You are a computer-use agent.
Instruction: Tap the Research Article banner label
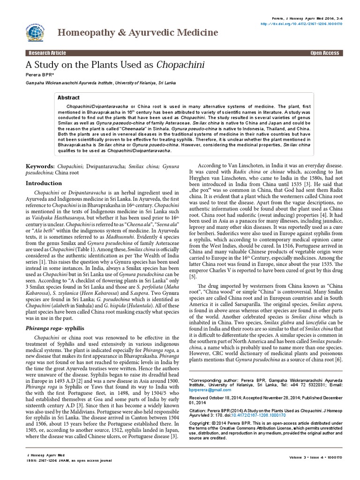pyautogui.click(x=48, y=53)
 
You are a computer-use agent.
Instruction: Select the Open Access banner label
pyautogui.click(x=324, y=53)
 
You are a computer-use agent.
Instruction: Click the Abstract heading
pyautogui.click(x=68, y=97)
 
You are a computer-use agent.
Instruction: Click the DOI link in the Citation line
pyautogui.click(x=243, y=415)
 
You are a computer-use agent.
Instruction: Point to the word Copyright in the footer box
pyautogui.click(x=198, y=422)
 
